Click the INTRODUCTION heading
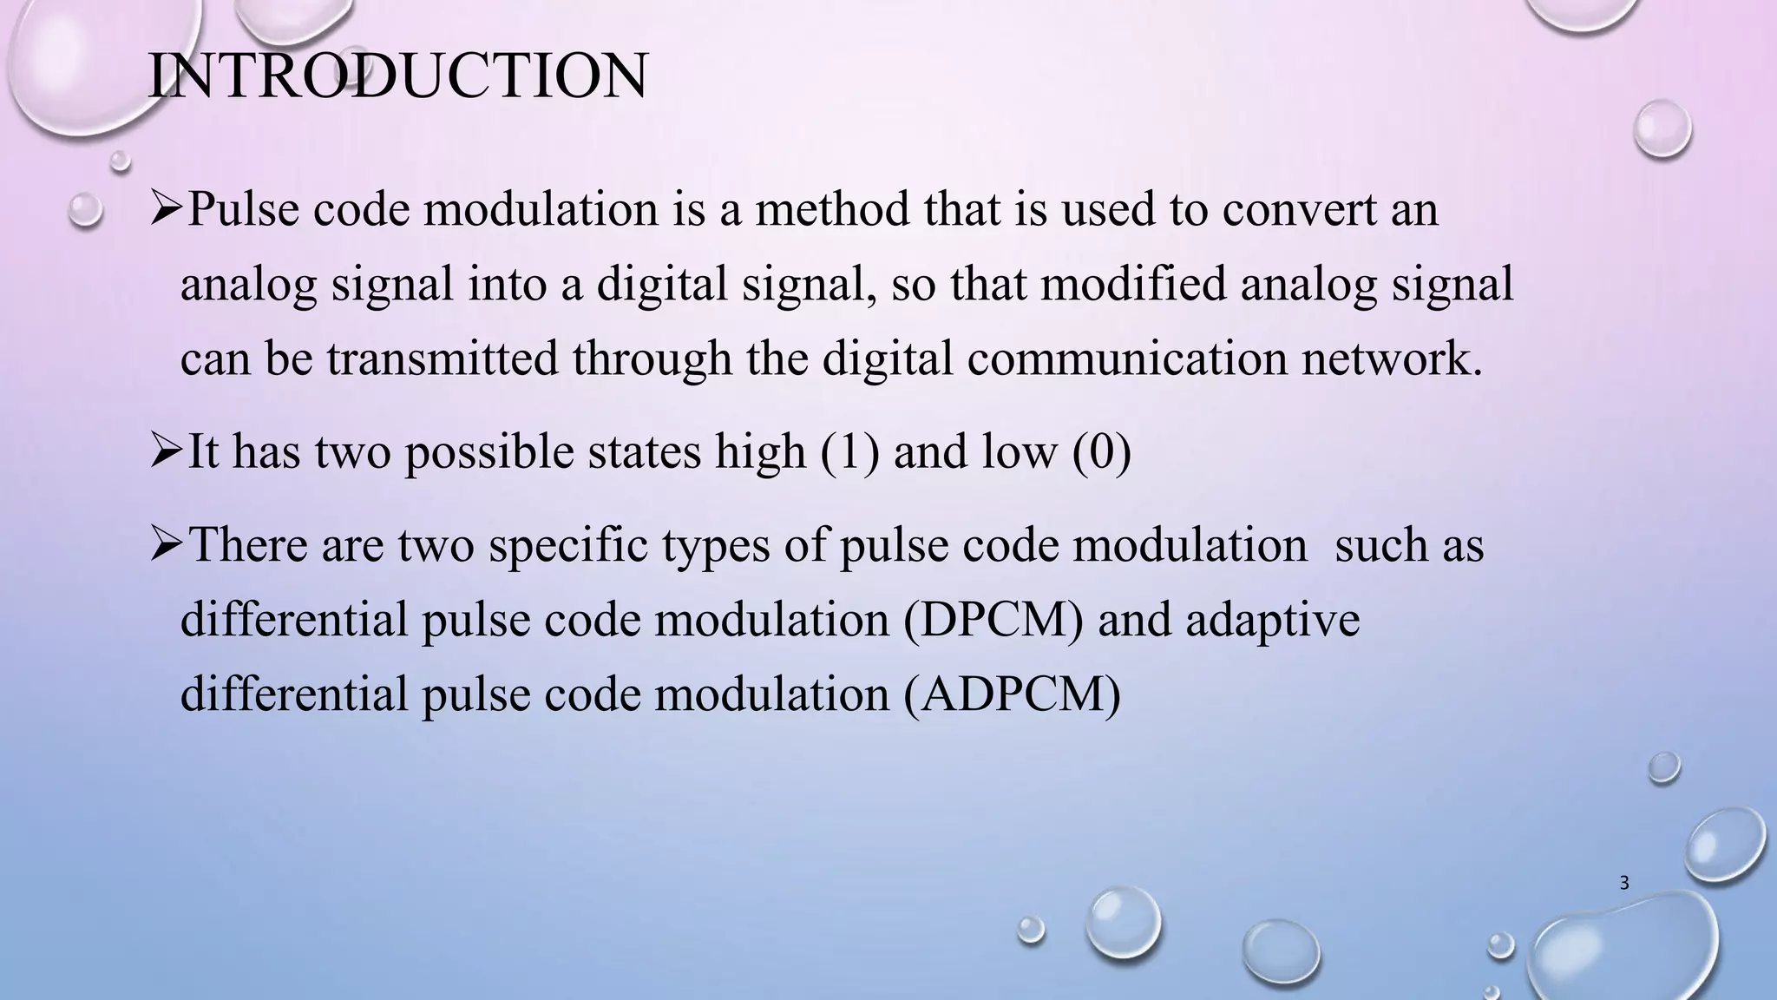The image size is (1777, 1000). coord(397,76)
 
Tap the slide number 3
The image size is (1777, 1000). coord(1624,884)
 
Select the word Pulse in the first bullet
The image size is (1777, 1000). coord(242,209)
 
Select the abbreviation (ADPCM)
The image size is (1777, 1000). coord(1012,694)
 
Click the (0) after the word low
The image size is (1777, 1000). coord(1102,452)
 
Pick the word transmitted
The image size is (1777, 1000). coord(443,359)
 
